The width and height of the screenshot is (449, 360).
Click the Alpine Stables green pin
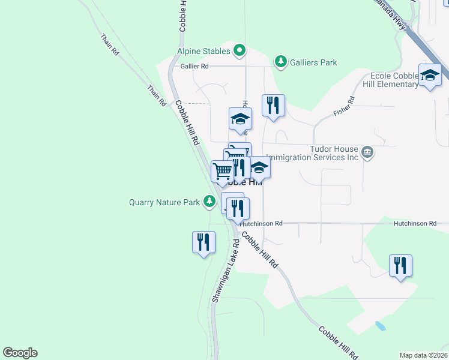pyautogui.click(x=240, y=50)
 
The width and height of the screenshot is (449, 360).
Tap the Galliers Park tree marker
pyautogui.click(x=280, y=61)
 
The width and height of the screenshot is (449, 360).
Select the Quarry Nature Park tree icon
pyautogui.click(x=209, y=202)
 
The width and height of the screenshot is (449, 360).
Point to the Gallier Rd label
pyautogui.click(x=194, y=66)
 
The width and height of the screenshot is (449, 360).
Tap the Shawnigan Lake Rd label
pyautogui.click(x=226, y=271)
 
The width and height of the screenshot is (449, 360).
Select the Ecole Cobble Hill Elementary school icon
pyautogui.click(x=430, y=75)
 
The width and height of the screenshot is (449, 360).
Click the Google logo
pyautogui.click(x=20, y=353)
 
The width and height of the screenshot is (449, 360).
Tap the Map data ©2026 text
pyautogui.click(x=423, y=355)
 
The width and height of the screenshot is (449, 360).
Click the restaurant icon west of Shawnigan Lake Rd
pyautogui.click(x=203, y=242)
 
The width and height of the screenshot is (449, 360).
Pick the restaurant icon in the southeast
pyautogui.click(x=400, y=265)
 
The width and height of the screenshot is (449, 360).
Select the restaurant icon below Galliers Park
pyautogui.click(x=273, y=105)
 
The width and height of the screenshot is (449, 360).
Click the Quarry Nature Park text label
pyautogui.click(x=164, y=202)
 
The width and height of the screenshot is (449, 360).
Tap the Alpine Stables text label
pyautogui.click(x=203, y=52)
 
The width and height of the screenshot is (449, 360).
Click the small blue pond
pyautogui.click(x=379, y=326)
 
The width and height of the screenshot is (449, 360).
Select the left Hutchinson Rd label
pyautogui.click(x=262, y=223)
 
